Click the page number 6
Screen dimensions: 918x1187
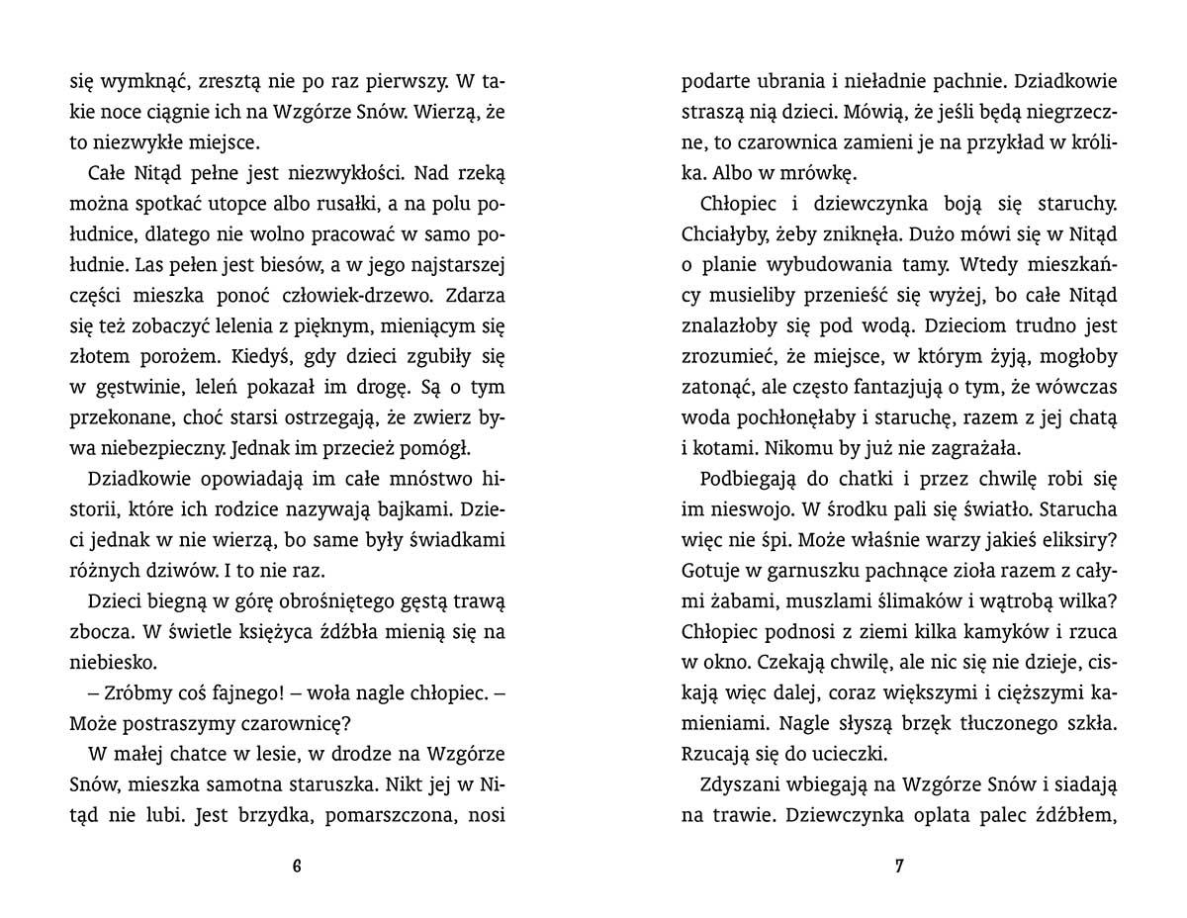point(297,868)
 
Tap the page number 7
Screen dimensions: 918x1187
point(899,868)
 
